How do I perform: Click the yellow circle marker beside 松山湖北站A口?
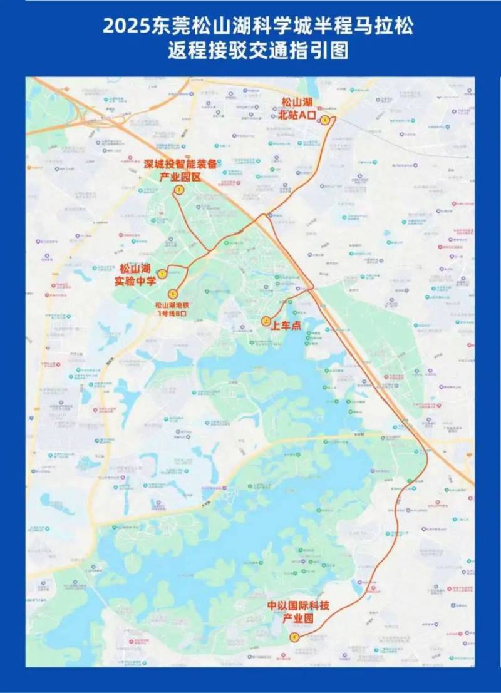coord(325,120)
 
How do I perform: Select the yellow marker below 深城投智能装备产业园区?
coord(178,190)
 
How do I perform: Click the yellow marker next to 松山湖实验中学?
coord(162,274)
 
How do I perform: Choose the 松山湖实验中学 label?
coord(135,275)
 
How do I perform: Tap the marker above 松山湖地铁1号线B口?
coord(173,293)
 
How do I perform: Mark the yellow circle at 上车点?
coord(266,321)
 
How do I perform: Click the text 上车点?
coord(286,325)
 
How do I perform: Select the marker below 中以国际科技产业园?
coord(294,637)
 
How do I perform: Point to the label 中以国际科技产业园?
coord(298,612)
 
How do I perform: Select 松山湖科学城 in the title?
coord(241,27)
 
